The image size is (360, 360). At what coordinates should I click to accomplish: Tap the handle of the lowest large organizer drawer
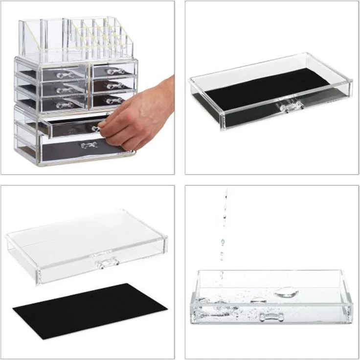pos(89,145)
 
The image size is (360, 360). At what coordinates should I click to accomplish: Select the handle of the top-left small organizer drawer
pos(64,75)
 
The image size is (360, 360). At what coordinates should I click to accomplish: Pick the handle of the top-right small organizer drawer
pos(115,72)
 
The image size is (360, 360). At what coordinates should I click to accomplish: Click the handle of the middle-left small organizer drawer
pos(64,90)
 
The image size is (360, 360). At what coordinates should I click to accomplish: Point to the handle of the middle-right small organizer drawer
pos(115,86)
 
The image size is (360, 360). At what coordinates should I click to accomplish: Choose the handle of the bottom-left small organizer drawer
pos(64,105)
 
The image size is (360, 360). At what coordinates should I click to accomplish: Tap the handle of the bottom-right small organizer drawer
pos(115,101)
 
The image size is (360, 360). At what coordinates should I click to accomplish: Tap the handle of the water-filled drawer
pos(271,317)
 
